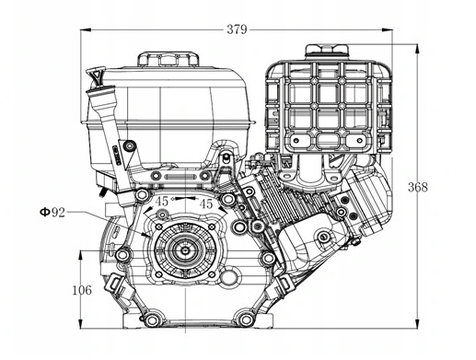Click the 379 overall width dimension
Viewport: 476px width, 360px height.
(237, 29)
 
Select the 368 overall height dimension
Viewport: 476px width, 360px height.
(417, 187)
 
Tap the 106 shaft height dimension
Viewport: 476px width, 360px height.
(81, 290)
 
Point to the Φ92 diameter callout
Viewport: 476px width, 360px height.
(52, 213)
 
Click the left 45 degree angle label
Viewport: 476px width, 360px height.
(162, 202)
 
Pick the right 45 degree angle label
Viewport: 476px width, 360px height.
(206, 203)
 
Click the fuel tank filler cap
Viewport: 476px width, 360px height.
(168, 59)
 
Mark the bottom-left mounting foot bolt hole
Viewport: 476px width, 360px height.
(145, 319)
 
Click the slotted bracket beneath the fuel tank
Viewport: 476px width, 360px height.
(180, 174)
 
